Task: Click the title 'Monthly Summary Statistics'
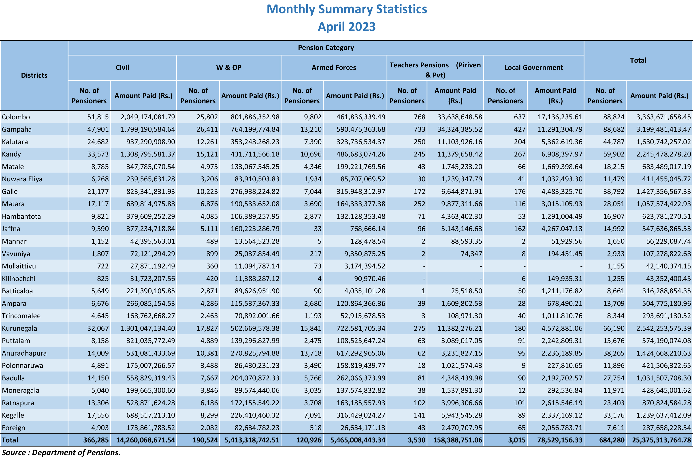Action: click(347, 9)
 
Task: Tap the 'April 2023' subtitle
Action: click(347, 27)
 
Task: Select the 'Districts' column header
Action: click(34, 75)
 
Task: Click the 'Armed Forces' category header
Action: click(334, 68)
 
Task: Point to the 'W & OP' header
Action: click(229, 68)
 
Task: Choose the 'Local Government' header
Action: click(534, 68)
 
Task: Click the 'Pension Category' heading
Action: click(326, 48)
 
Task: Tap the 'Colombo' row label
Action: click(16, 117)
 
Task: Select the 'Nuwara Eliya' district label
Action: click(22, 179)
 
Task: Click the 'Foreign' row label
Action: click(13, 428)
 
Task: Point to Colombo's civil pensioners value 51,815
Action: click(98, 117)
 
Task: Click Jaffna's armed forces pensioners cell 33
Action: click(318, 229)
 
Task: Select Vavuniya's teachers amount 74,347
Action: click(471, 254)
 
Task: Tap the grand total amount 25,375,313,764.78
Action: click(661, 440)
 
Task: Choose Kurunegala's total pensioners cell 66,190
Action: click(614, 328)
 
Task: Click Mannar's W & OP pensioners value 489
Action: click(212, 242)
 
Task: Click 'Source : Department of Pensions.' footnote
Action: click(61, 453)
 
